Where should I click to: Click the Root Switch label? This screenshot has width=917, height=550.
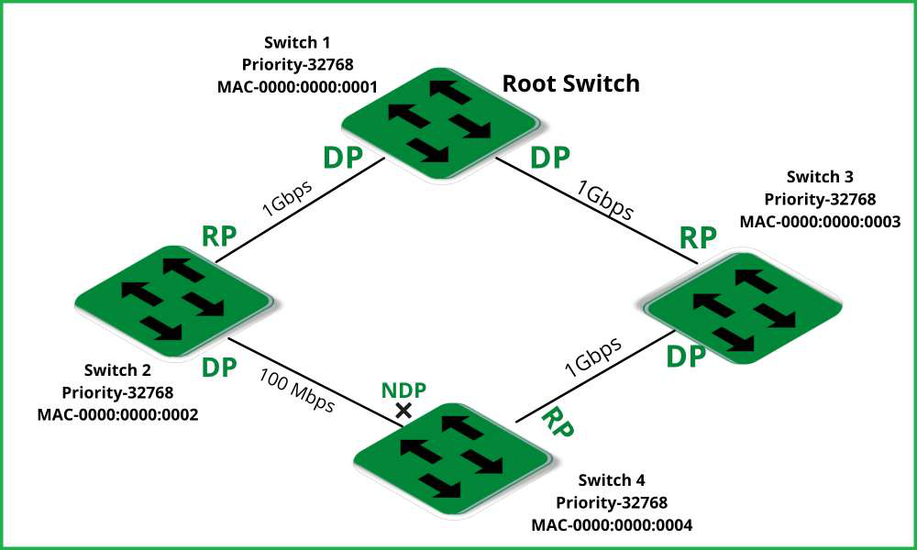coord(570,84)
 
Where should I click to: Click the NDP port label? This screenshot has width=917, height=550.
coord(403,390)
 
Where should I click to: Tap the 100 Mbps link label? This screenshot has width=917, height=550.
coord(296,390)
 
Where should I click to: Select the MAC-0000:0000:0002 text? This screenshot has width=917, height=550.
coord(117,414)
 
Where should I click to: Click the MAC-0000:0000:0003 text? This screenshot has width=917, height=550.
coord(820,221)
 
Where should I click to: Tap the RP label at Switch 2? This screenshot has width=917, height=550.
coord(219,236)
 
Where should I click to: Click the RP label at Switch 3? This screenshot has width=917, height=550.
coord(698,237)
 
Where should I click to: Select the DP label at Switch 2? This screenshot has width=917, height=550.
coord(219,368)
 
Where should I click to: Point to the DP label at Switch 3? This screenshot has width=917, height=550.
coord(685,357)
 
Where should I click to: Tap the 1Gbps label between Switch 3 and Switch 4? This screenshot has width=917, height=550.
coord(592,357)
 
